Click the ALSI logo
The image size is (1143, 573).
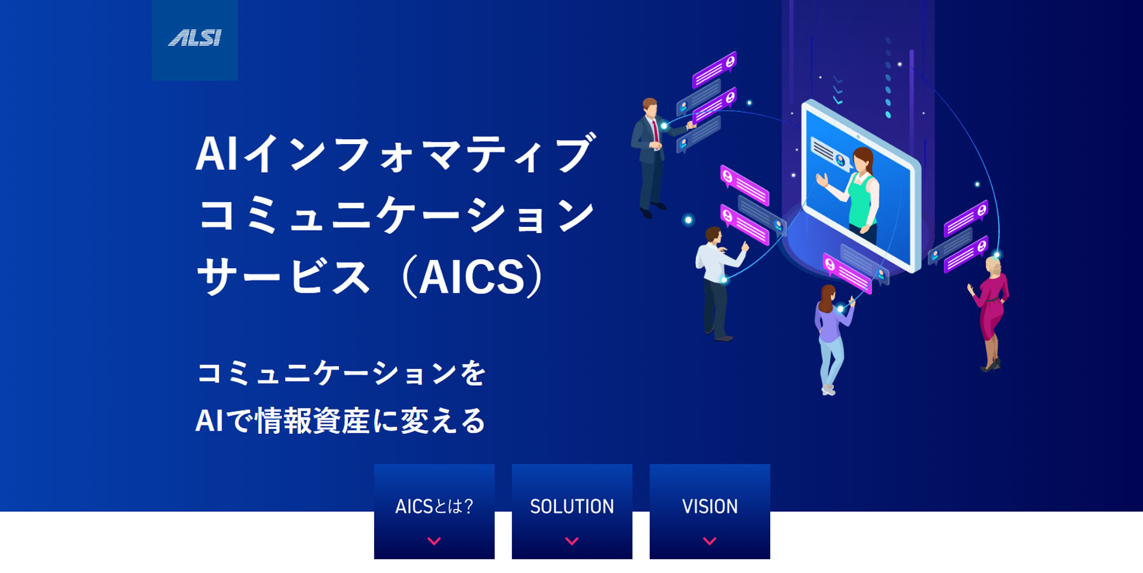coord(194,38)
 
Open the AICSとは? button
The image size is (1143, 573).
coord(434,511)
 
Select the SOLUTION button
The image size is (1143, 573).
coord(572,511)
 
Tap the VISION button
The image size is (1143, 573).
coord(710,511)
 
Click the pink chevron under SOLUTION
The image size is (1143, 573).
coord(572,541)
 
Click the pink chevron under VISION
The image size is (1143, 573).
coord(710,541)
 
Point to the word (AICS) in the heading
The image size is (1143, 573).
coord(473,276)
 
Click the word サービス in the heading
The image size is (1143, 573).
coord(283,277)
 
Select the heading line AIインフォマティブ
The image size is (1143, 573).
coord(396,153)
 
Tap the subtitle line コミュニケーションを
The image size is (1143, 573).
coord(342,374)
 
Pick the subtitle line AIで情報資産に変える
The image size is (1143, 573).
coord(340,421)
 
